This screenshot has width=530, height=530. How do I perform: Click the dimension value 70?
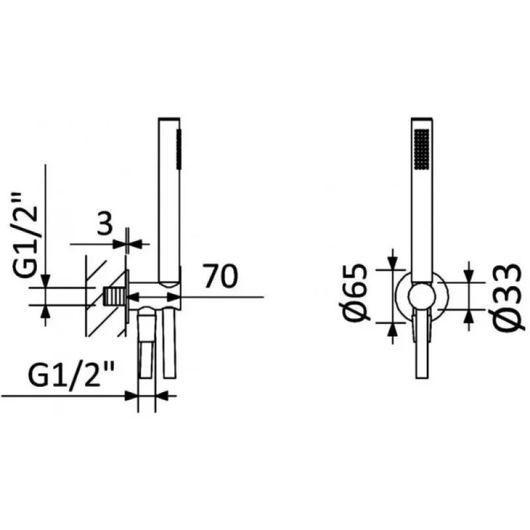(x=221, y=276)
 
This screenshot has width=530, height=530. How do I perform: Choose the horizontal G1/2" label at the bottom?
(x=71, y=374)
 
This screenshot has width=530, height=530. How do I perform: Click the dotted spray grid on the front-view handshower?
(x=421, y=148)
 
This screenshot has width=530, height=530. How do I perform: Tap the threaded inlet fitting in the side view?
(x=113, y=297)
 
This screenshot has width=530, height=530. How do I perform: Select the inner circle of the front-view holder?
(x=421, y=297)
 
